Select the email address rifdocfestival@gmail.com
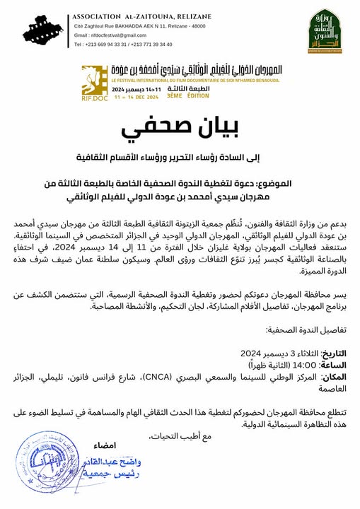(x=109, y=35)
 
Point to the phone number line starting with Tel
(x=123, y=44)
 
